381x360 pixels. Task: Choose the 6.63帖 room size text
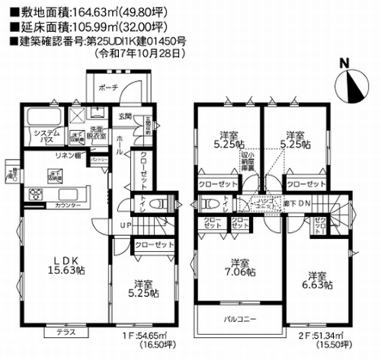click(319, 286)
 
